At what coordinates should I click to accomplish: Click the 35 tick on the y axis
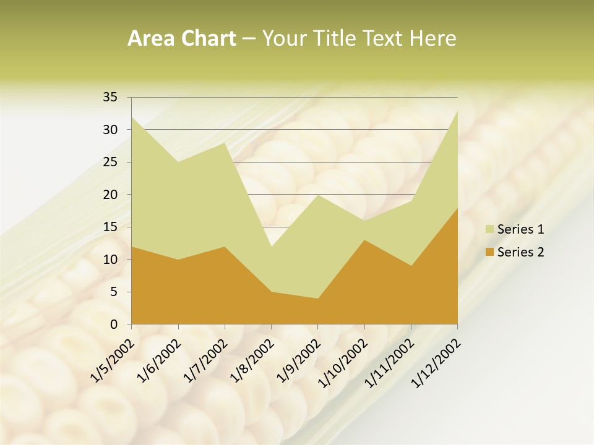pyautogui.click(x=110, y=97)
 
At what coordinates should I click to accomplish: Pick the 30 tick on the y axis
pyautogui.click(x=110, y=130)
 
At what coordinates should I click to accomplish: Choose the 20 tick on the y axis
pyautogui.click(x=110, y=195)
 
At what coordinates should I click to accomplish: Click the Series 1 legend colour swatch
pyautogui.click(x=489, y=229)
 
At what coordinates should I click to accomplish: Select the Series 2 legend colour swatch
pyautogui.click(x=489, y=252)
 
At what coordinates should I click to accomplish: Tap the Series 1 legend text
pyautogui.click(x=520, y=229)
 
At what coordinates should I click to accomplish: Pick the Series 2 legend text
pyautogui.click(x=520, y=252)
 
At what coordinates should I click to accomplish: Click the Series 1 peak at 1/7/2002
pyautogui.click(x=225, y=143)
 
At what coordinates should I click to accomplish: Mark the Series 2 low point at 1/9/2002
pyautogui.click(x=317, y=299)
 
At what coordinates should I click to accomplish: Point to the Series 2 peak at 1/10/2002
pyautogui.click(x=364, y=240)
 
